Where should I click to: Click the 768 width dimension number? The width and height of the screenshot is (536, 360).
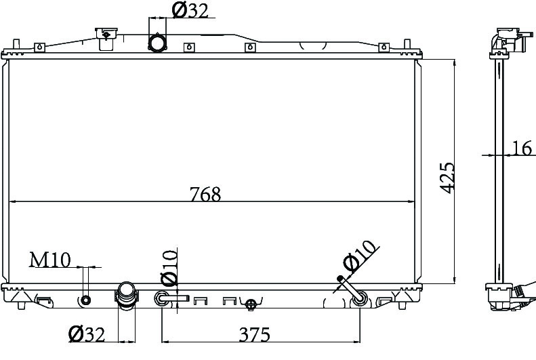coord(205,194)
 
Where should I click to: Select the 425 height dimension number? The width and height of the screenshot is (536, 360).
coord(447,178)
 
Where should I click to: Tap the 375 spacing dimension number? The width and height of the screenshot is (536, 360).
coord(254,334)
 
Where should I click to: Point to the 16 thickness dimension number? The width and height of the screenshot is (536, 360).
coord(522,148)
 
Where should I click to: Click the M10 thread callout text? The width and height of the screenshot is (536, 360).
coord(50,260)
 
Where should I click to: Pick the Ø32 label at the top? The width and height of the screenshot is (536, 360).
coord(190,10)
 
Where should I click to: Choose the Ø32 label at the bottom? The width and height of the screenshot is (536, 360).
coord(87,334)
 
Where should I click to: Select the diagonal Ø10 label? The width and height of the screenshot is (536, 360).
coord(360,256)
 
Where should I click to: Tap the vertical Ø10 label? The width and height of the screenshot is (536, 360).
coord(169,268)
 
